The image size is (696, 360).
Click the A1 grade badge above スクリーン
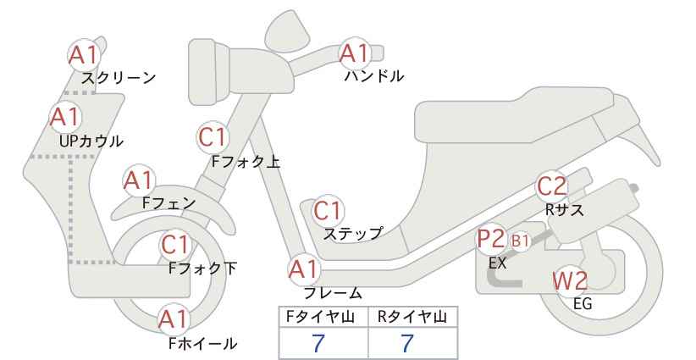[x=84, y=55]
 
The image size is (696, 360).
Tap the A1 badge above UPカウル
[x=66, y=117]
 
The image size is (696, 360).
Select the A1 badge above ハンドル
[x=355, y=53]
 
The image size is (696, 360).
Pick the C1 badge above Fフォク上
[x=213, y=137]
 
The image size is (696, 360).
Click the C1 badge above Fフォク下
[x=176, y=245]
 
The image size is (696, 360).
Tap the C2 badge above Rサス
[x=552, y=186]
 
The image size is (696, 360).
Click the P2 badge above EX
[x=492, y=239]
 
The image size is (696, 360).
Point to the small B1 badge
[x=520, y=241]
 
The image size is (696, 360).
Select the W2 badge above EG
[x=571, y=280]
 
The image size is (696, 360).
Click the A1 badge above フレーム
[x=304, y=270]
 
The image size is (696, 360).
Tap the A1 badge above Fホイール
[x=174, y=319]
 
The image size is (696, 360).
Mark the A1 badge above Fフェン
[x=139, y=180]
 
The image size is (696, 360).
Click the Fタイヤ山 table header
[x=320, y=317]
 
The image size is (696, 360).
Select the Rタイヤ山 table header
[x=412, y=317]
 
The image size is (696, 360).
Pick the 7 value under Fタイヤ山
[x=318, y=343]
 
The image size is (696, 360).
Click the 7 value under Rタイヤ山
[x=407, y=343]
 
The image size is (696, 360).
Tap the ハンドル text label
[x=374, y=76]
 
